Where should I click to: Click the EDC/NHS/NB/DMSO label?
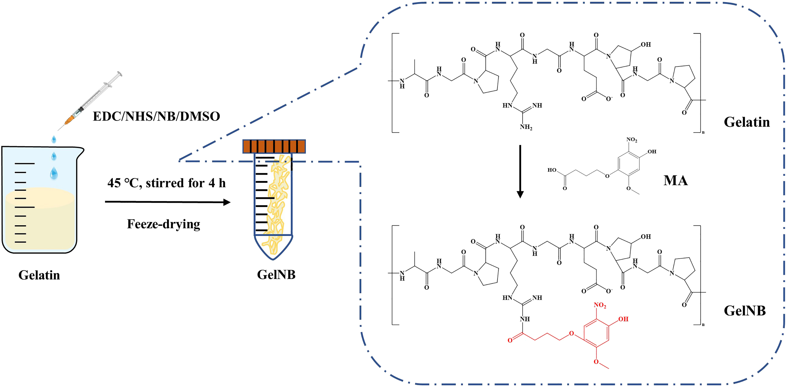click(156, 116)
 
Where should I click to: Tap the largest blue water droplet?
click(54, 173)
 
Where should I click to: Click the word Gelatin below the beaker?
click(39, 275)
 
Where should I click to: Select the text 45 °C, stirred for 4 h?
click(166, 183)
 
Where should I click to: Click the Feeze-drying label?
click(164, 224)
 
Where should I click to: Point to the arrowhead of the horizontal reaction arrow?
click(227, 202)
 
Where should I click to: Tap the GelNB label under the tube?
click(276, 275)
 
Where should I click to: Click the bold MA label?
click(675, 180)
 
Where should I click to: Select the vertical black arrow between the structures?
click(520, 171)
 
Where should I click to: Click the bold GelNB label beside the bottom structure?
click(745, 311)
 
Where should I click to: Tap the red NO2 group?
click(599, 305)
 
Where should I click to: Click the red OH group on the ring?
click(623, 319)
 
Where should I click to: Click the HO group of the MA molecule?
click(552, 170)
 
